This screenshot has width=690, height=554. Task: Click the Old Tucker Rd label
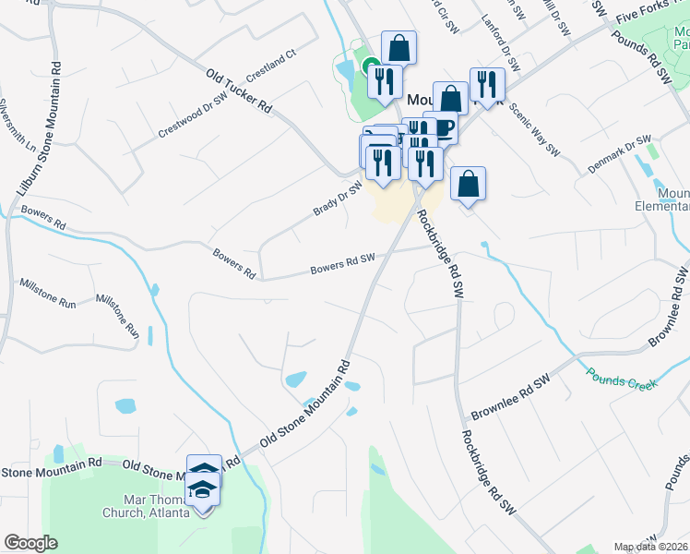point(239,92)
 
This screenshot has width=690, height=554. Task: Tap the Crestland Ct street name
point(270,65)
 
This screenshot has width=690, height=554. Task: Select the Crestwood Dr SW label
point(193,114)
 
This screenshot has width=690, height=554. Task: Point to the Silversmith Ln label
point(18,126)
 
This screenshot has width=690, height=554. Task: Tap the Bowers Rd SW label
point(343,264)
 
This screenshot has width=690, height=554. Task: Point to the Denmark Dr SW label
point(620,156)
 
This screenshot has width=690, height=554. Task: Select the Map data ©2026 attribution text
point(650,547)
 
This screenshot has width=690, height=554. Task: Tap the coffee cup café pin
point(440,127)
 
